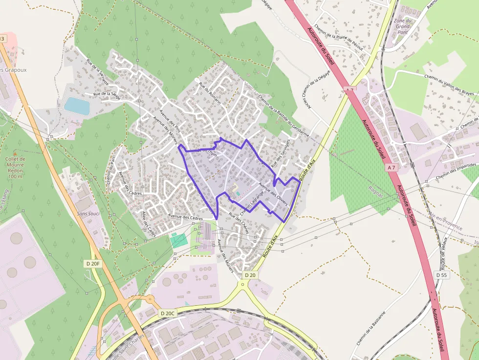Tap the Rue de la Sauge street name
pos(107,95)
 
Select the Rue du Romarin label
pos(210,93)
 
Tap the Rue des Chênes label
pos(239,224)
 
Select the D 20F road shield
pos(92,264)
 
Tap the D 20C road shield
pos(167,313)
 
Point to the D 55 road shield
pos(441,275)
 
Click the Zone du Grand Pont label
pos(402,26)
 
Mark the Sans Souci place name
pos(88,213)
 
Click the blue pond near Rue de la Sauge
pos(77,106)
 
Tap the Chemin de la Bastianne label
pos(371,328)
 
